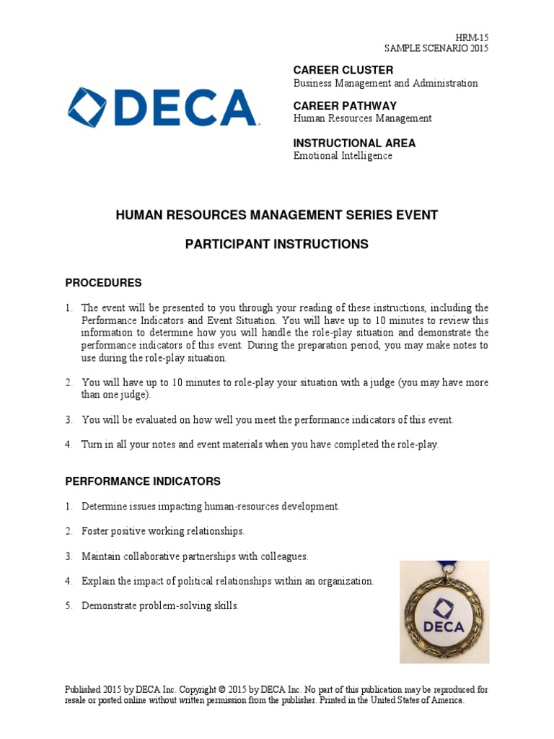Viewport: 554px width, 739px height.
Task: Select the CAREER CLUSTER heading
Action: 343,70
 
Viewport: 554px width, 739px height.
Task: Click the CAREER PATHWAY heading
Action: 345,105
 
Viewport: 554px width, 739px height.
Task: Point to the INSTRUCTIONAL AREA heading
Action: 354,143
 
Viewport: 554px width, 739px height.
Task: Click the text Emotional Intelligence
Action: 343,156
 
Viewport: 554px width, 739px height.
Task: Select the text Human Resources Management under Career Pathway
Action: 362,118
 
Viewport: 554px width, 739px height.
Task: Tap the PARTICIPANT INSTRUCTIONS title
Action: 277,245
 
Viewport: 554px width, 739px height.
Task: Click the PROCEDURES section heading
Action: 104,282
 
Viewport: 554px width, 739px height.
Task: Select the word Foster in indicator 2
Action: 94,531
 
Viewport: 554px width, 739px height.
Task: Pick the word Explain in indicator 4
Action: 97,581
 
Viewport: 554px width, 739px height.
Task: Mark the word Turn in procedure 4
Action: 92,445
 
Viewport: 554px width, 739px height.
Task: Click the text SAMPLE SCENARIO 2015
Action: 436,48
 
